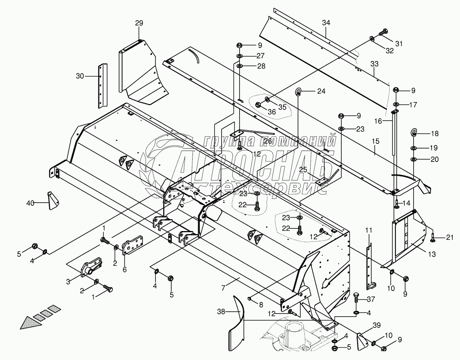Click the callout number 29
click(x=139, y=23)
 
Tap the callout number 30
click(x=79, y=76)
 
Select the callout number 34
click(x=326, y=23)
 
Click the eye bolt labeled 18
click(x=415, y=133)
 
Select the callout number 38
click(x=221, y=312)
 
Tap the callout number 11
click(x=369, y=230)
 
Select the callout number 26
click(x=268, y=141)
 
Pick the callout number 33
click(x=374, y=63)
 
